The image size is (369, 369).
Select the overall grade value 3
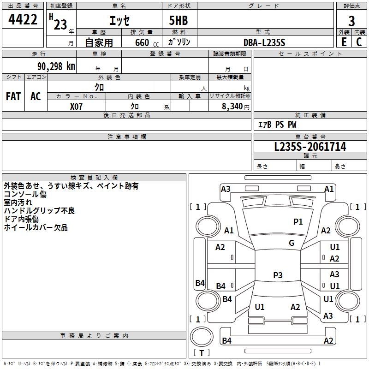pos(351,20)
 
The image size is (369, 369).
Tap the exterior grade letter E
pos(344,42)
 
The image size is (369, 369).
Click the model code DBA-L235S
pos(264,42)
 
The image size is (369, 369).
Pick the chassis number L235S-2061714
pos(310,147)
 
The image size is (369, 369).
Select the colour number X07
pos(77,106)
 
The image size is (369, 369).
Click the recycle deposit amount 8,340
pos(232,106)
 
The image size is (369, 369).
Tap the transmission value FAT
pos(13,96)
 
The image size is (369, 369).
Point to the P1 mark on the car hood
pos(298,222)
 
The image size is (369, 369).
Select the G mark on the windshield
pos(292,243)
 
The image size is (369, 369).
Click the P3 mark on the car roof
pos(278,275)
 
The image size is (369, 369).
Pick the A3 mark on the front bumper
pos(226,189)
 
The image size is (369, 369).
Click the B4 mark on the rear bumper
pos(226,341)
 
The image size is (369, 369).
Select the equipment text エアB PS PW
pos(277,125)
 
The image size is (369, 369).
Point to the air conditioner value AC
pos(36,96)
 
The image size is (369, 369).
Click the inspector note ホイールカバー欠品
pos(36,227)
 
